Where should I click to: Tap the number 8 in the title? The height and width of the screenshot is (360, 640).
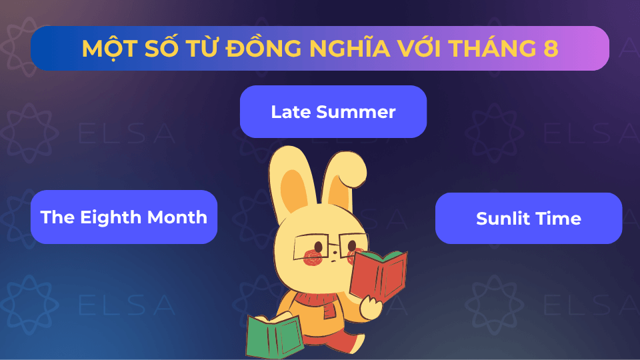pyautogui.click(x=551, y=48)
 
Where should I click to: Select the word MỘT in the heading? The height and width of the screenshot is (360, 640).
pyautogui.click(x=106, y=48)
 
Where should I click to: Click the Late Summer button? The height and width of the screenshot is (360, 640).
pyautogui.click(x=333, y=111)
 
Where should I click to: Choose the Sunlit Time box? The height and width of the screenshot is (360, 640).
pyautogui.click(x=528, y=218)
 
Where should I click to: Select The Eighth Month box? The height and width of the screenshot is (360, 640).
pyautogui.click(x=124, y=217)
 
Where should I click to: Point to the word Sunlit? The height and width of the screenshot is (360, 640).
pyautogui.click(x=500, y=219)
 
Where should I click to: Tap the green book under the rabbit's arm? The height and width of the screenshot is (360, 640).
pyautogui.click(x=273, y=333)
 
